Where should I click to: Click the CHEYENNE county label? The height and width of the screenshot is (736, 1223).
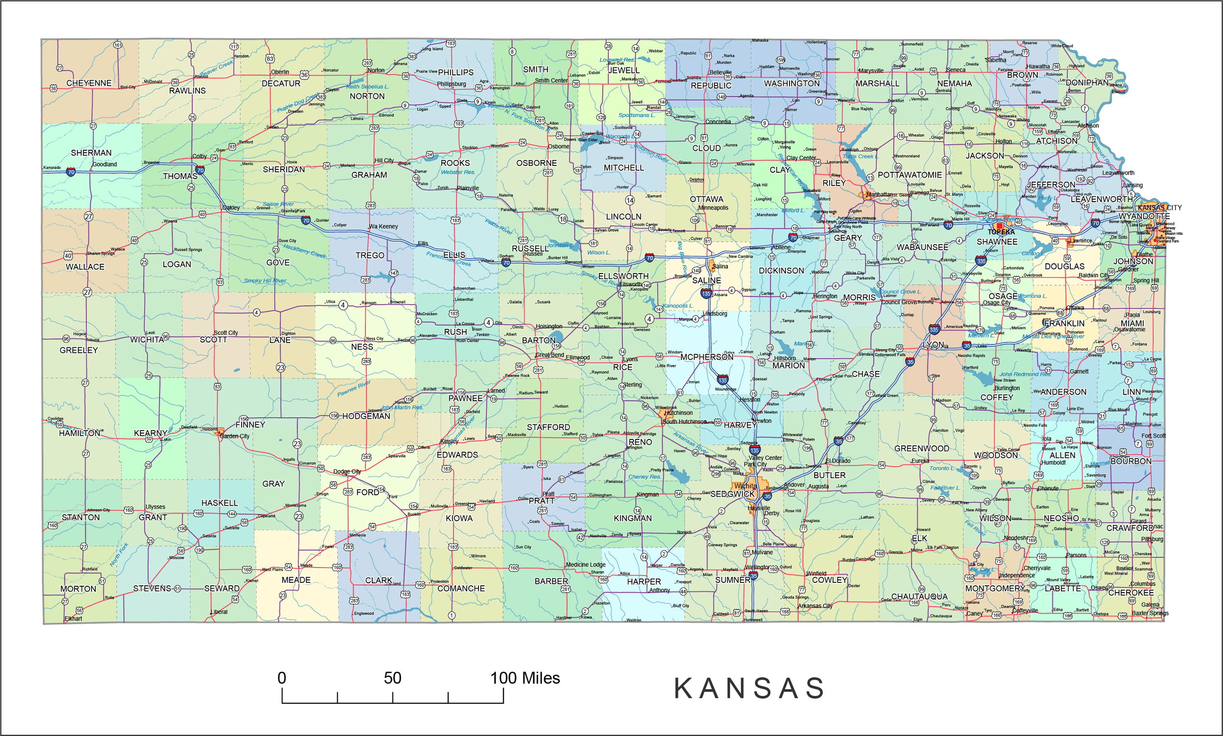(89, 83)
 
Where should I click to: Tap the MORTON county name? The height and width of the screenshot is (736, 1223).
(78, 589)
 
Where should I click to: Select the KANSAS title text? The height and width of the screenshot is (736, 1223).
(749, 689)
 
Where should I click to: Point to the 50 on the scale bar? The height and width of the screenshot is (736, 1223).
(392, 678)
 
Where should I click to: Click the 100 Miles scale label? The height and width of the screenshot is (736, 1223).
(525, 678)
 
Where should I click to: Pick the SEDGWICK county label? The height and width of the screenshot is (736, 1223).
(732, 494)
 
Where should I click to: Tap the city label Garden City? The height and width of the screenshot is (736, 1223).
(234, 437)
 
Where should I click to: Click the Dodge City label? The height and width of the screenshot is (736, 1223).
(347, 472)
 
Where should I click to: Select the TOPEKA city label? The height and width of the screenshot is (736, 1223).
(1001, 232)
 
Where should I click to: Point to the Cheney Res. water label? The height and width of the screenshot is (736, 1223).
(644, 477)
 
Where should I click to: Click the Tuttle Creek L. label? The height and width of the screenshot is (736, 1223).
(861, 156)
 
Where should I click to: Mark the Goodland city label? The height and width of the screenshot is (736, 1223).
(105, 164)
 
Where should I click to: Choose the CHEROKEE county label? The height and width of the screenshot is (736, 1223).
(1131, 593)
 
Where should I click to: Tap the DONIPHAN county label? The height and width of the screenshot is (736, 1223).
(1087, 83)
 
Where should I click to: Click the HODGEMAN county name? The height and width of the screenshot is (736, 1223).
(366, 416)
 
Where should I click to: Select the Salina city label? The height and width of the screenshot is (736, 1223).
(720, 266)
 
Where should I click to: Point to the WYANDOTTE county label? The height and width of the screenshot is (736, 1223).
(1144, 216)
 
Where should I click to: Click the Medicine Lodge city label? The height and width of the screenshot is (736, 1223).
(586, 564)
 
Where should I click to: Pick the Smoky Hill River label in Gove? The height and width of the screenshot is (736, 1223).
(265, 281)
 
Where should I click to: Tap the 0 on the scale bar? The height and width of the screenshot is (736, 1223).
(282, 678)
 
